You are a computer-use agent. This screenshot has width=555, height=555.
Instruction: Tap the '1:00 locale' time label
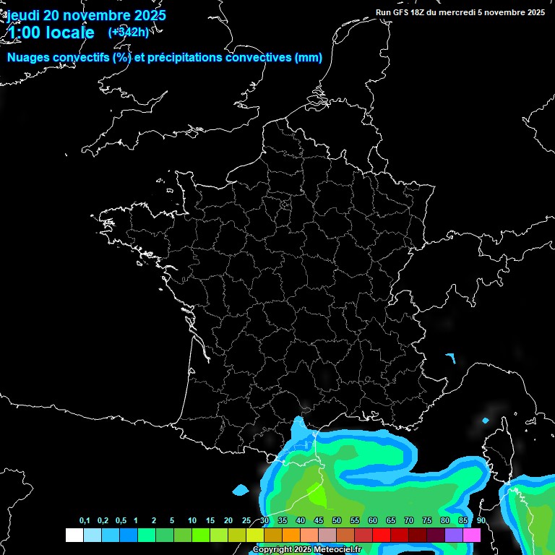point(51,33)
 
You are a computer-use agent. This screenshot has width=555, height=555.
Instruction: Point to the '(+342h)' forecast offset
point(129,32)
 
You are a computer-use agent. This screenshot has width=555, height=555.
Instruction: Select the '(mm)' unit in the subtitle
point(309,58)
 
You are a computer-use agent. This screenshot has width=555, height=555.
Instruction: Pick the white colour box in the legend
point(74,535)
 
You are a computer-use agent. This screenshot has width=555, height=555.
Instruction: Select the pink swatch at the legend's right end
point(472,535)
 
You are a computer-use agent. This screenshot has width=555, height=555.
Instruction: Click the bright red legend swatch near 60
point(381,535)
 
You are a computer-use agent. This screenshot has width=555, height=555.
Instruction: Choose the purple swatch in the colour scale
point(454,535)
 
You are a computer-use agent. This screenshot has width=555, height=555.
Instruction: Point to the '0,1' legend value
point(85,521)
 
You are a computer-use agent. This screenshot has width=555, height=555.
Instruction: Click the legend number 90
point(481,521)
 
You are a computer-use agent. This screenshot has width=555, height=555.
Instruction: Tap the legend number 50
point(337,521)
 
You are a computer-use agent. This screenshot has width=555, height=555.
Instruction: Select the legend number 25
point(246,521)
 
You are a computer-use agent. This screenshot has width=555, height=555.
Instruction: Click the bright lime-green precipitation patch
point(316,495)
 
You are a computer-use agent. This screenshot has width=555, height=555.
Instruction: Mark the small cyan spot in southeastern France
point(451,357)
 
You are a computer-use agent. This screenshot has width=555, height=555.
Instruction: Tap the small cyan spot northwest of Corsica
point(485,421)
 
